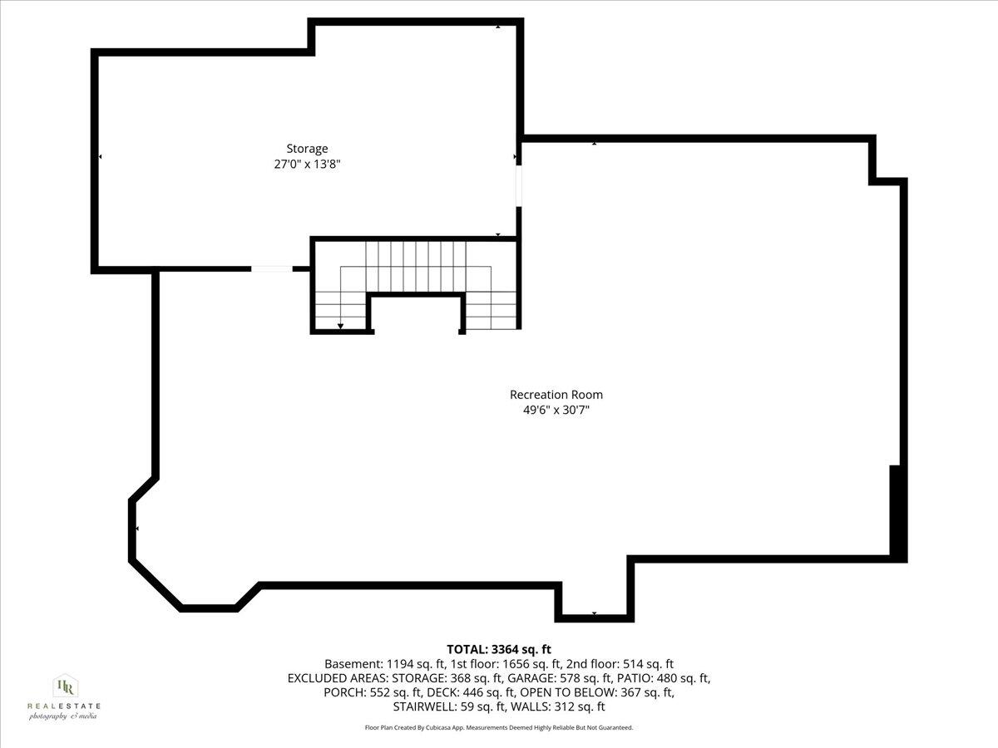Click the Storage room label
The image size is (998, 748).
[x=307, y=149]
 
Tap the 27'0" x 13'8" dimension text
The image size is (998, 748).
[x=307, y=165]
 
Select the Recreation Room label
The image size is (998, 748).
[x=556, y=395]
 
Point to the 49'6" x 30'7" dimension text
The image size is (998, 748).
[x=556, y=410]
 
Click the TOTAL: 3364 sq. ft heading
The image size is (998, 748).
[x=499, y=649]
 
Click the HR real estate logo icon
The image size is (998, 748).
[x=64, y=686]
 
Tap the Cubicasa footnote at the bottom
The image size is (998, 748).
[x=499, y=727]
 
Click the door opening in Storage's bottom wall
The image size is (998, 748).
[x=271, y=268]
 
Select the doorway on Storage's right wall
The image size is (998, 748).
[x=519, y=185]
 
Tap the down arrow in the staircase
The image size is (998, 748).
[x=340, y=324]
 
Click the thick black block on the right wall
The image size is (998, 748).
[x=897, y=510]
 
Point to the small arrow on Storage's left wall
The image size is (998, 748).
[x=101, y=156]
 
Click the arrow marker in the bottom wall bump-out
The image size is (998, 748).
[x=594, y=613]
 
